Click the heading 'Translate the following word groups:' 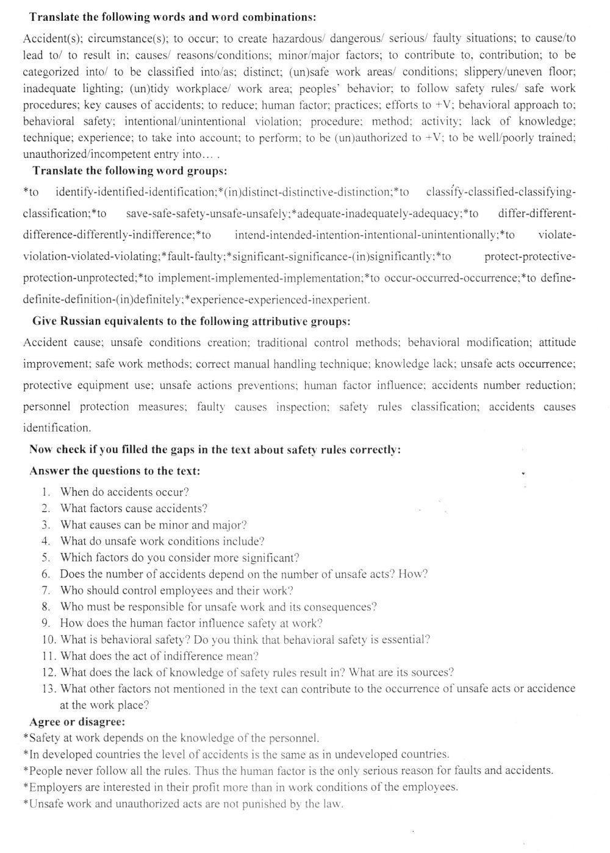(130, 170)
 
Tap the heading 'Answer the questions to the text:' (115, 471)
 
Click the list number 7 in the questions (46, 590)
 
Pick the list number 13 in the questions (49, 689)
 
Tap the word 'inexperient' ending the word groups (340, 300)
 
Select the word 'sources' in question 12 (432, 673)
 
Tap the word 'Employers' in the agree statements (54, 787)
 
